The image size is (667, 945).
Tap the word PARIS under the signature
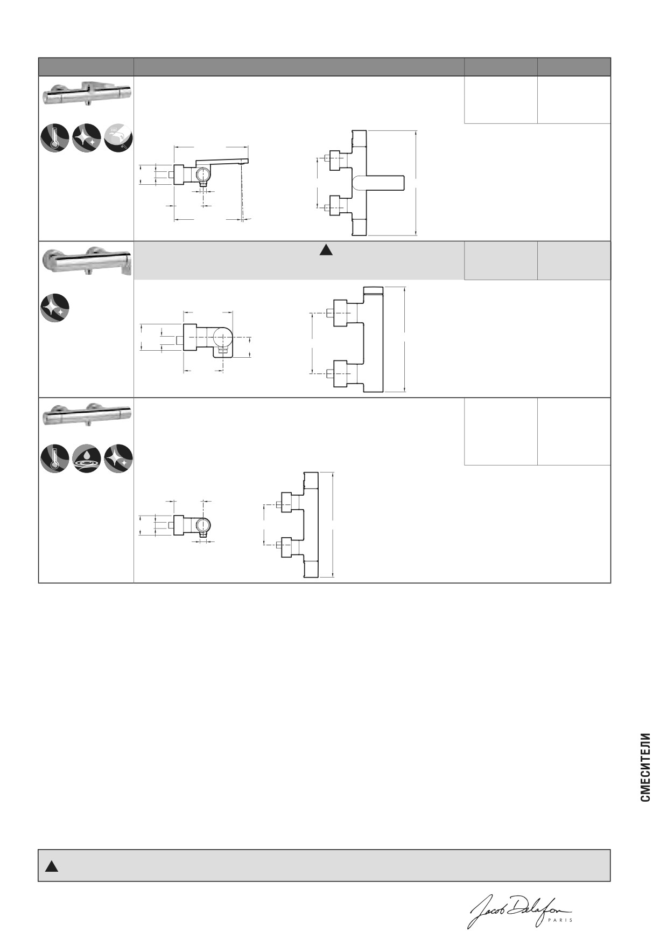coord(560,920)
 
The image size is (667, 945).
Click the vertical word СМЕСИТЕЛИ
coord(645,767)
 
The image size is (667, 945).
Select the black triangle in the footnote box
coord(51,866)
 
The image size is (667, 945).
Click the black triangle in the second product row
coord(325,249)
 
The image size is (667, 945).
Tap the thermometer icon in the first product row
coord(55,137)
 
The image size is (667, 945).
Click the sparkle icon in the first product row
coord(87,137)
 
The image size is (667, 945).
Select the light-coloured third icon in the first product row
coord(118,137)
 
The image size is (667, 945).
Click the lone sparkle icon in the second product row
coord(55,308)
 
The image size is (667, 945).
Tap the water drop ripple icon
coord(87,458)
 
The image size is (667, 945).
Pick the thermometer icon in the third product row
coord(55,458)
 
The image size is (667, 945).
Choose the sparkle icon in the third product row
coord(118,458)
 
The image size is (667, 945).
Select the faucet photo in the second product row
coord(87,261)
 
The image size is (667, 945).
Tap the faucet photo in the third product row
coord(87,415)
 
